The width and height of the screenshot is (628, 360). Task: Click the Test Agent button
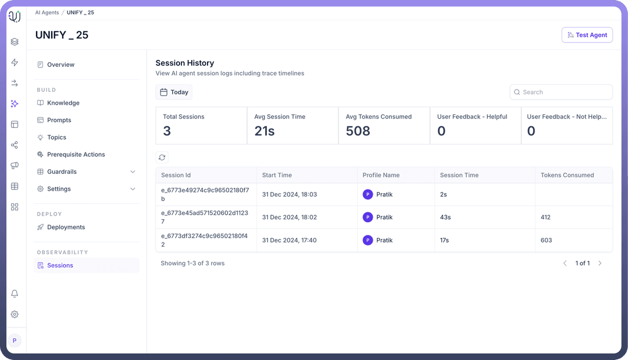click(x=587, y=35)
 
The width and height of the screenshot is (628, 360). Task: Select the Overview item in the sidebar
click(x=60, y=65)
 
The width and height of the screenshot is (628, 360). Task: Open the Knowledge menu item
click(x=63, y=103)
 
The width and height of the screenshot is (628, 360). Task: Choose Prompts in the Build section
click(x=59, y=120)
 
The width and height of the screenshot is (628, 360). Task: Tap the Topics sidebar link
click(x=56, y=137)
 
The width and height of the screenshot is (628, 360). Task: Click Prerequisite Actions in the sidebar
click(x=76, y=155)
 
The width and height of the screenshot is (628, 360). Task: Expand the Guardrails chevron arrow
click(x=133, y=172)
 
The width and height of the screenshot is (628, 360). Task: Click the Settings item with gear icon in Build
click(x=59, y=189)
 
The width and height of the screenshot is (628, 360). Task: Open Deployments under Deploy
click(x=66, y=227)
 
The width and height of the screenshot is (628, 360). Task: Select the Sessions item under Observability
click(x=60, y=265)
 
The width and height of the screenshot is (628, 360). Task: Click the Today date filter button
click(x=174, y=92)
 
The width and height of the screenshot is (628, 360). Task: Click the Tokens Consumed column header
click(x=567, y=175)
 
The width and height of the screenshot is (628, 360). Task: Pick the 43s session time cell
click(x=445, y=217)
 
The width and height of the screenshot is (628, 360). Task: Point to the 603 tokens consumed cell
click(x=546, y=240)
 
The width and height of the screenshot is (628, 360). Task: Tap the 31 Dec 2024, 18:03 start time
click(x=289, y=194)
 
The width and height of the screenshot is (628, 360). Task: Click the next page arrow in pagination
click(x=600, y=263)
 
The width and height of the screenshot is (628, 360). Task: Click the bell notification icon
click(x=15, y=294)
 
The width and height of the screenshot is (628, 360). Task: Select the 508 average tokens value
click(x=358, y=131)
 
